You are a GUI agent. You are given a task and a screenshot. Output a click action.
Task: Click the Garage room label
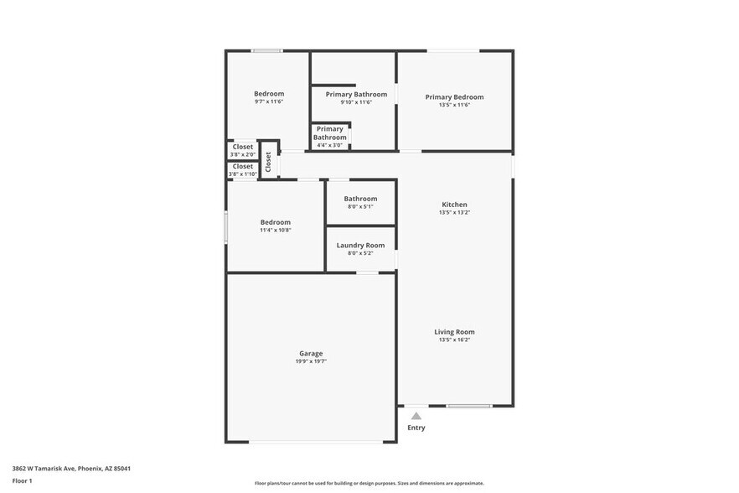tap(311, 353)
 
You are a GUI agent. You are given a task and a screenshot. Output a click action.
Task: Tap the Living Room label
tap(454, 332)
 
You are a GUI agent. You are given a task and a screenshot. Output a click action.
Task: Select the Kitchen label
tap(454, 205)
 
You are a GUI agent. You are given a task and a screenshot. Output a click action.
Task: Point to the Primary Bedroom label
tap(454, 96)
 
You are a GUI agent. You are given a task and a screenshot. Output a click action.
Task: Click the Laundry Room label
tap(360, 245)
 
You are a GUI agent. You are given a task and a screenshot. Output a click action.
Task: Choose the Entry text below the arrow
tap(416, 428)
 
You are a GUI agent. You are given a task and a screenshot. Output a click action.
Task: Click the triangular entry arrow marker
tap(416, 415)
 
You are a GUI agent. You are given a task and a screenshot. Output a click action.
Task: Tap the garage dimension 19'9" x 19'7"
tap(311, 361)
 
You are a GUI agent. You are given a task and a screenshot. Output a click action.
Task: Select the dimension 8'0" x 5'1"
tap(360, 206)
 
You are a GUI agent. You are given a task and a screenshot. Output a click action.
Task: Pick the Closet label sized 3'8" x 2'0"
tap(243, 147)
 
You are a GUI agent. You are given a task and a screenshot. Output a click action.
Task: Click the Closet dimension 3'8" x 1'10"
tap(243, 174)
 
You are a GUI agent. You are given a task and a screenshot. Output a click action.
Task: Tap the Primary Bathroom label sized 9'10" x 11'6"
tap(356, 94)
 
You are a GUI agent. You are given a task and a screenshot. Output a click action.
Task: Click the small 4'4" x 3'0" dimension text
tap(330, 145)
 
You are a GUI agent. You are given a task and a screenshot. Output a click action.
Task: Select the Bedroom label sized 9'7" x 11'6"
tap(269, 93)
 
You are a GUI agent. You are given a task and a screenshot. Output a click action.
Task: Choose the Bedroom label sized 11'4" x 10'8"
tap(275, 222)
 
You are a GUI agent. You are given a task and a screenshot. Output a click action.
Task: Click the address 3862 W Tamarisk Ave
tap(71, 469)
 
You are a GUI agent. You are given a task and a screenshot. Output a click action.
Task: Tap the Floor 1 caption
tap(23, 480)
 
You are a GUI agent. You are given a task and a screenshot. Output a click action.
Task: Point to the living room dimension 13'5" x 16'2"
tap(454, 340)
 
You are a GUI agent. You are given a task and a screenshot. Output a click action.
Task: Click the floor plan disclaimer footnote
tap(369, 483)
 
